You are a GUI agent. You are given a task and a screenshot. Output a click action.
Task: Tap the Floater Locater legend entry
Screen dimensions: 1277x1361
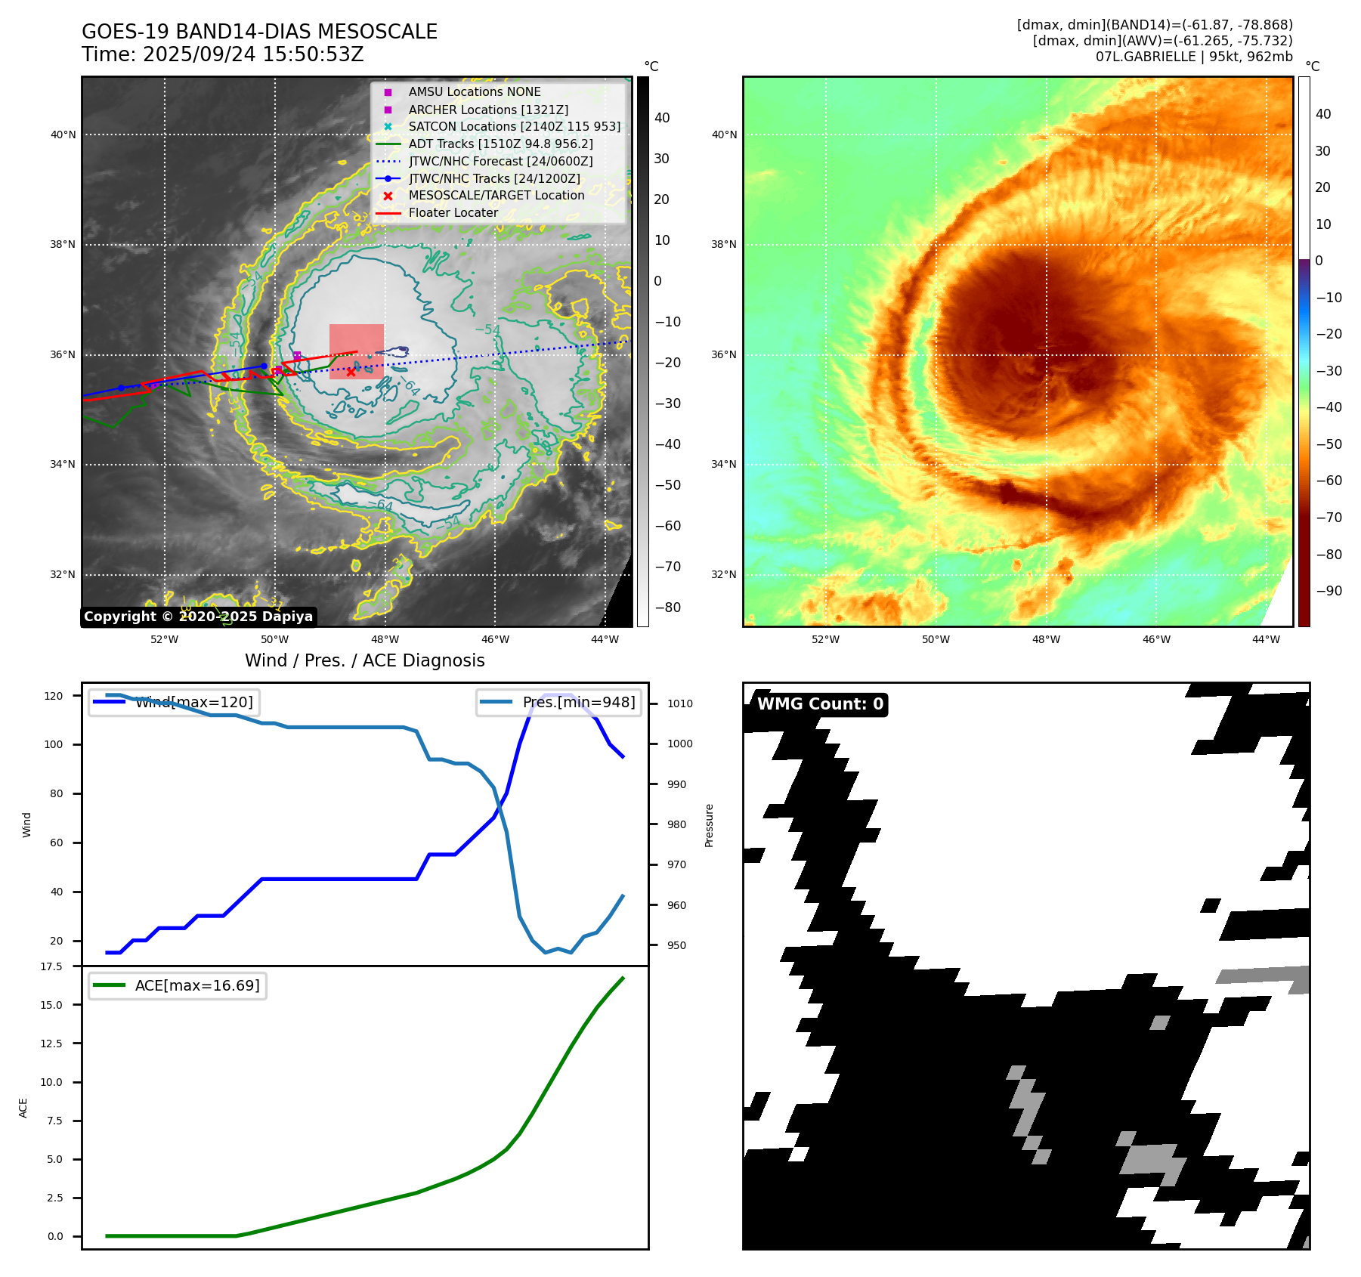pyautogui.click(x=453, y=212)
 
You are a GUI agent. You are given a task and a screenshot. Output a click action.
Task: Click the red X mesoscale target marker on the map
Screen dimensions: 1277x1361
pyautogui.click(x=351, y=372)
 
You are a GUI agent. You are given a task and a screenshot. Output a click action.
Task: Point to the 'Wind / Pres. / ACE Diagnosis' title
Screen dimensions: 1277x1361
pyautogui.click(x=364, y=660)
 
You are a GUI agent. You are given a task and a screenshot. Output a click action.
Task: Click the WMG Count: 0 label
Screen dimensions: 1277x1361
pyautogui.click(x=820, y=704)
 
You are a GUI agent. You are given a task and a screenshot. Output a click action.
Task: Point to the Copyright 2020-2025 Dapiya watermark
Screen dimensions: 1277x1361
pyautogui.click(x=198, y=617)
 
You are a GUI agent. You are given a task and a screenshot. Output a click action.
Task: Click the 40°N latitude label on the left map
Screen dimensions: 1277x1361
pyautogui.click(x=63, y=135)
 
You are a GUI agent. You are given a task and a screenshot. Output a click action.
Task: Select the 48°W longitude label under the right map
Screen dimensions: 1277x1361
pyautogui.click(x=1046, y=639)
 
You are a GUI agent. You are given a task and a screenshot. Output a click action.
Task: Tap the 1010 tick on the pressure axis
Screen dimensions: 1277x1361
pyautogui.click(x=679, y=703)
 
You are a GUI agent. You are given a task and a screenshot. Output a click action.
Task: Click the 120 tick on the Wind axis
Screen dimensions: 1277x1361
pyautogui.click(x=54, y=696)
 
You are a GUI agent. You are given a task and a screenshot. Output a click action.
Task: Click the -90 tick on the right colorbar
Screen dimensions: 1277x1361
pyautogui.click(x=1329, y=591)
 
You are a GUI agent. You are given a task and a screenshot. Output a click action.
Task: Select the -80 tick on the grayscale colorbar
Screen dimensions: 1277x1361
pyautogui.click(x=667, y=608)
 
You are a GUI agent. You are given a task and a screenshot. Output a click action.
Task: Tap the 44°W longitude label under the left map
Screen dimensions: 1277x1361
pyautogui.click(x=605, y=639)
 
